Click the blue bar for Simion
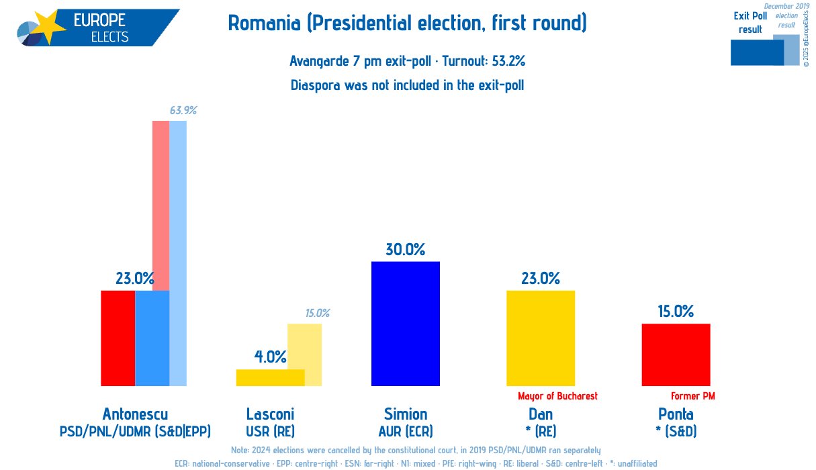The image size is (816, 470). pyautogui.click(x=405, y=324)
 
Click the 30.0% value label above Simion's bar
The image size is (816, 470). pyautogui.click(x=405, y=250)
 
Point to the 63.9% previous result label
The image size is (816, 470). pyautogui.click(x=183, y=111)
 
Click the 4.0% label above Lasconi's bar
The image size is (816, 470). pyautogui.click(x=271, y=357)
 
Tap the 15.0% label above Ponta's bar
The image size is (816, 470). pyautogui.click(x=676, y=312)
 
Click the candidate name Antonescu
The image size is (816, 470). pyautogui.click(x=135, y=414)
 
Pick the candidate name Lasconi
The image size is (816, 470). pyautogui.click(x=270, y=414)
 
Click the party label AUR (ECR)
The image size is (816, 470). pyautogui.click(x=405, y=431)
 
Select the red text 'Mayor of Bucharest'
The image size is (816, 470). pyautogui.click(x=557, y=396)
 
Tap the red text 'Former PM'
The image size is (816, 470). pyautogui.click(x=693, y=396)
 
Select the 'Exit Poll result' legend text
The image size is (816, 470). pyautogui.click(x=750, y=22)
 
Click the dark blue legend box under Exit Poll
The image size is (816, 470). pyautogui.click(x=756, y=53)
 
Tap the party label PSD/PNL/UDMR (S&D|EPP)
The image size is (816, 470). pyautogui.click(x=135, y=431)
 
